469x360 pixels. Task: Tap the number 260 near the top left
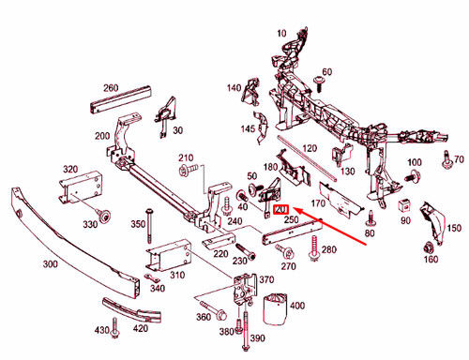tap(110, 88)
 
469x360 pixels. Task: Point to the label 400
tap(297, 307)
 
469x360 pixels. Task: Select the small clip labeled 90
tap(404, 205)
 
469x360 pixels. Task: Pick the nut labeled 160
tap(428, 247)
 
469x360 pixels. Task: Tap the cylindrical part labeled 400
tap(275, 308)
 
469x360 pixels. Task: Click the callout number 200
tap(102, 135)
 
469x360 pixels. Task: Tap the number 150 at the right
tap(454, 229)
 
